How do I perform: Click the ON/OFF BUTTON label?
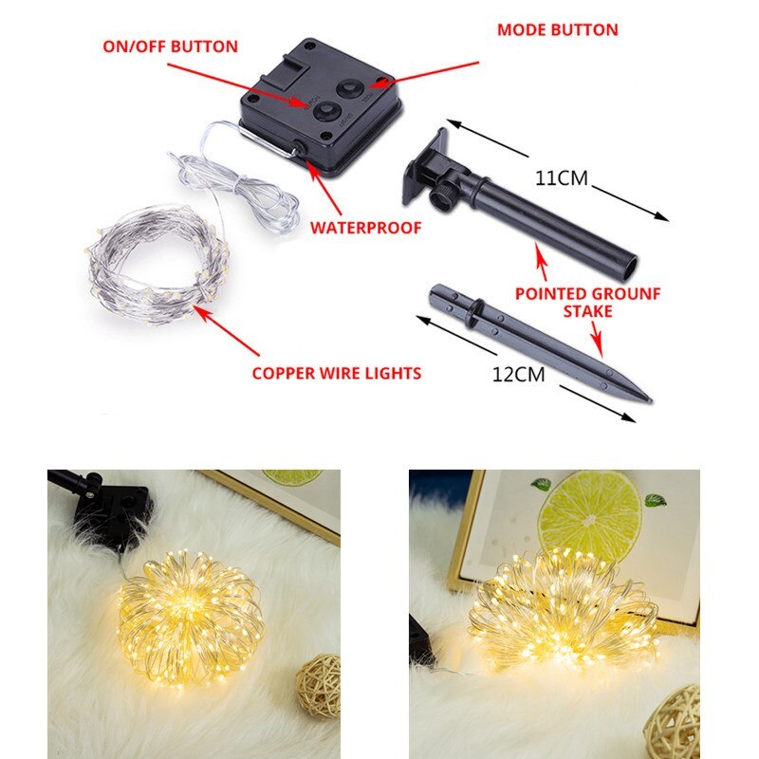(x=170, y=46)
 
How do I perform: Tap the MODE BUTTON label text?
(x=557, y=30)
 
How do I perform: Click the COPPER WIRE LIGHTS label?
(x=336, y=373)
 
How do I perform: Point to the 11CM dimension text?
(x=562, y=177)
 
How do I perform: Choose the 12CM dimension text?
(x=518, y=374)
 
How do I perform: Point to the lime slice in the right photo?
(x=589, y=514)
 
